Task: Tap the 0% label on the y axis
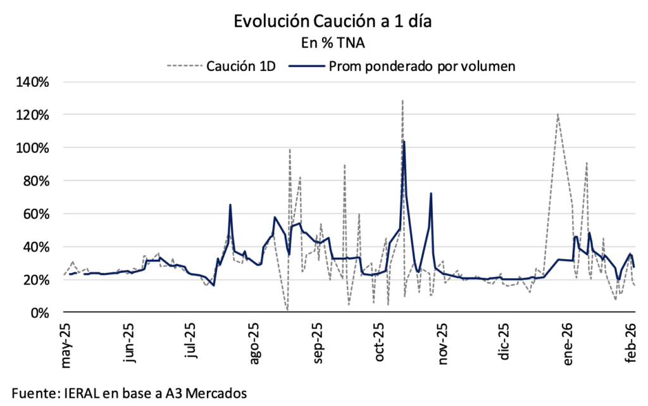50,312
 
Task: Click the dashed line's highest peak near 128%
402,101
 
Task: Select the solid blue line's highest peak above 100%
404,142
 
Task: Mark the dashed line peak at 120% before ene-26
558,115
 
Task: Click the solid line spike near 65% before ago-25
230,205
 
